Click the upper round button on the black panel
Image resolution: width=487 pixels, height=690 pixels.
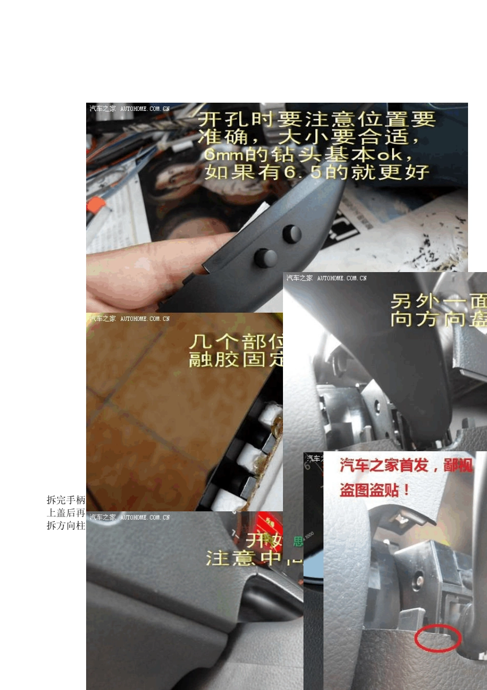pos(292,234)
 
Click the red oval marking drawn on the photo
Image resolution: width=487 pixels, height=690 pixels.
pos(438,638)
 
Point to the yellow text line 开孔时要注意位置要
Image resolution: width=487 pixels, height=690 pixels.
pos(317,120)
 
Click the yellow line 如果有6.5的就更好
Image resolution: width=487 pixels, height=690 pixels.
pos(317,172)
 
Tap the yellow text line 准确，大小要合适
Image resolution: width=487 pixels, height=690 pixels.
pos(308,137)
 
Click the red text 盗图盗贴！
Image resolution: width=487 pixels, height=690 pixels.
pos(375,490)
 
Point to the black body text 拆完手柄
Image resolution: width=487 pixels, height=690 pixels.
pos(66,500)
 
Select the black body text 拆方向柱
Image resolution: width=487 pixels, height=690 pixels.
pos(66,525)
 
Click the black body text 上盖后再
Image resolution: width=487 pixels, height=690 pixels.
pos(66,512)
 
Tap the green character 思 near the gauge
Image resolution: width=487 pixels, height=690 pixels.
pos(298,541)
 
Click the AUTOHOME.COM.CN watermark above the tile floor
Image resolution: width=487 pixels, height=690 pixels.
pos(145,319)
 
